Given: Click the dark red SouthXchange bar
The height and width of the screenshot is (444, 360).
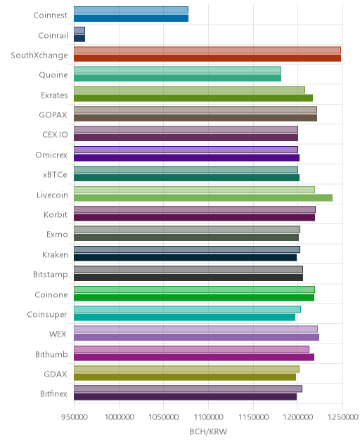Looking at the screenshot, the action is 207,58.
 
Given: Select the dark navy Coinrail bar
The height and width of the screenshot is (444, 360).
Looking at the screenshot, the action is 79,38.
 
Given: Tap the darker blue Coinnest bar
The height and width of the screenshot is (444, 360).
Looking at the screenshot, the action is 131,18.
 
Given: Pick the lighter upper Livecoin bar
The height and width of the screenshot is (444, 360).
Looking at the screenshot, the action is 194,190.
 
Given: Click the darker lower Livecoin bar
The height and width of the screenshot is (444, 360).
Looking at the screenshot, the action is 203,197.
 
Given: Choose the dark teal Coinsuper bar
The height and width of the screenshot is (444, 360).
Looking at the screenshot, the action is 184,318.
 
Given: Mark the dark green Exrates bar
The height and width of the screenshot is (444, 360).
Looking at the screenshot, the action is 193,98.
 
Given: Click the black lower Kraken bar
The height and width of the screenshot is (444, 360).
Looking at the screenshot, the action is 185,257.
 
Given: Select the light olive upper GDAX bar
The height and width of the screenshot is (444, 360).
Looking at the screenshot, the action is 186,369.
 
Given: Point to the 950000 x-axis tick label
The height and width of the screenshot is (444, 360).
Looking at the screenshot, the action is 75,417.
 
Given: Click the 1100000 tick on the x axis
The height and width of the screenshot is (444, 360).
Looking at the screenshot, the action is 208,417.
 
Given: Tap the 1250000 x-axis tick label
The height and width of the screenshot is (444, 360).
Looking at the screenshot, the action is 342,417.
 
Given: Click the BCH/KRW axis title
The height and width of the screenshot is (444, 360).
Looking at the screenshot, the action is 208,431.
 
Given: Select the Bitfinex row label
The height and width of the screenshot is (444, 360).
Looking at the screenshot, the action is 53,393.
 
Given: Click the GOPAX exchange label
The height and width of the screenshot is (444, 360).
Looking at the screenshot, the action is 53,115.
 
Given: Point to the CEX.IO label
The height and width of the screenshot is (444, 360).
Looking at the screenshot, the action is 55,134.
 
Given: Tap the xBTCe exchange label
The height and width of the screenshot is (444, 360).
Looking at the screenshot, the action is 55,174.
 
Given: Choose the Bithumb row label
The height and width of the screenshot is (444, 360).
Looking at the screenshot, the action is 51,354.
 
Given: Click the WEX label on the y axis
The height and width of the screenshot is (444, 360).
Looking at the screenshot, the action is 58,334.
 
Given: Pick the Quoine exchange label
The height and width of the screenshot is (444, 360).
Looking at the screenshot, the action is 53,74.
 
